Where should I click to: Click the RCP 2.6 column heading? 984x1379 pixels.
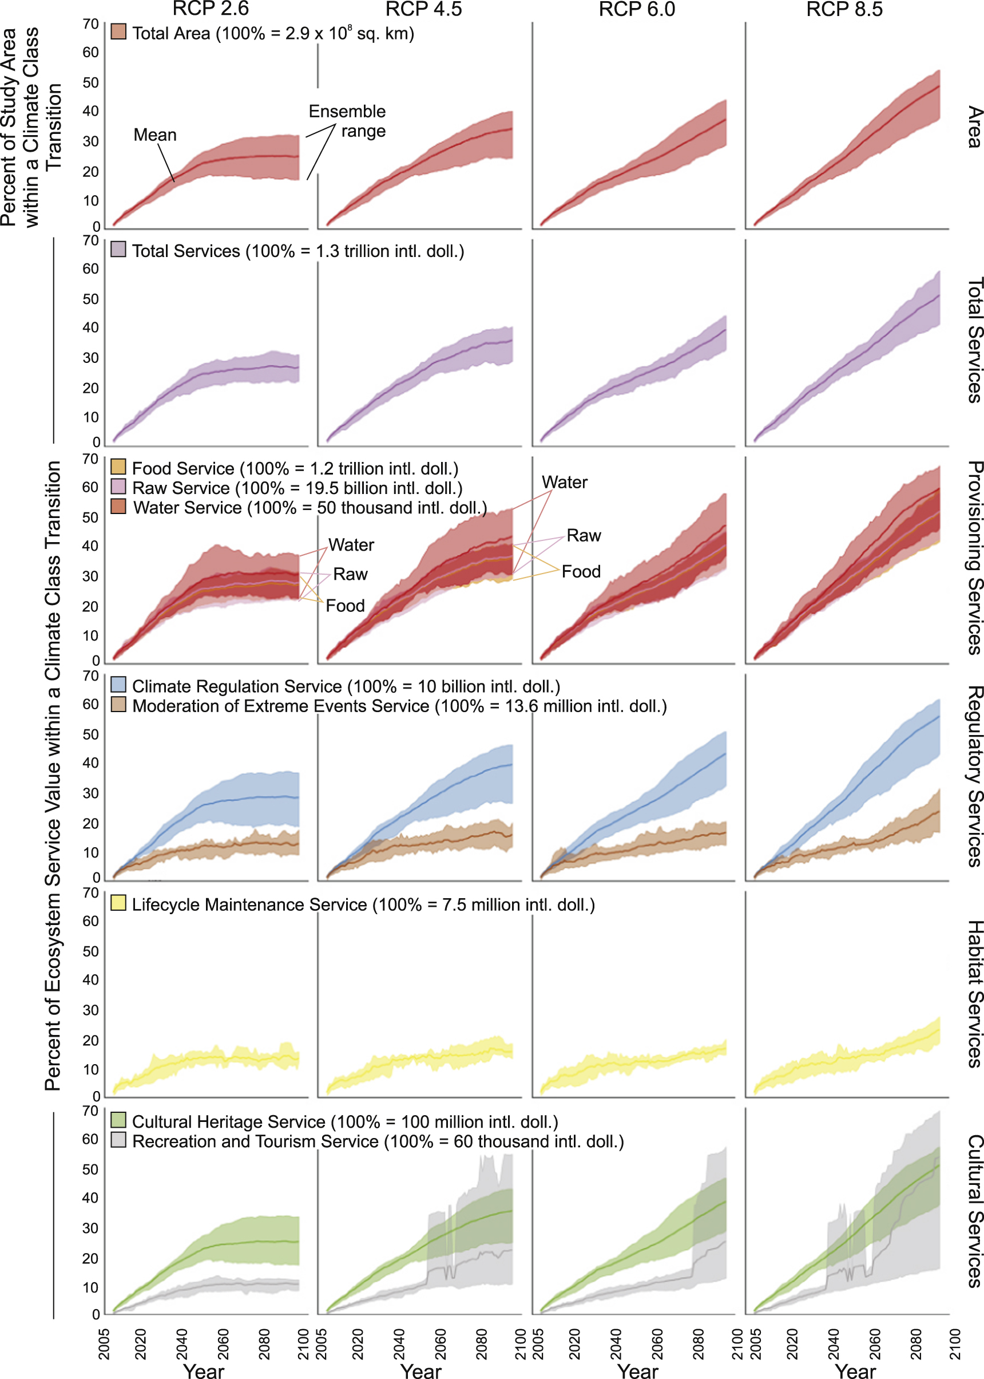tap(211, 9)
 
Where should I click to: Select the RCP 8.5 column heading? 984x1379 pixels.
tap(844, 9)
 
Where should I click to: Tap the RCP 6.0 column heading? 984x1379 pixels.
tap(636, 9)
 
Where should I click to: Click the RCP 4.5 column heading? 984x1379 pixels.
tap(423, 9)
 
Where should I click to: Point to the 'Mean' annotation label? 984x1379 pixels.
tap(155, 135)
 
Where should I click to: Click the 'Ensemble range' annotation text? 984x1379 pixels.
tap(348, 121)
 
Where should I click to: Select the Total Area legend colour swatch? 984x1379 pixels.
tap(118, 32)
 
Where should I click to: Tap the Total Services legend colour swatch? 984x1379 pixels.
tap(118, 249)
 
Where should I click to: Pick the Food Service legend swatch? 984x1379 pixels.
tap(118, 467)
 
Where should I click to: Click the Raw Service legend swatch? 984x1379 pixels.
tap(118, 486)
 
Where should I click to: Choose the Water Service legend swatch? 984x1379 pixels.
tap(118, 506)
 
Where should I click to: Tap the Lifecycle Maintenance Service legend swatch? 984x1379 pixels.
tap(118, 903)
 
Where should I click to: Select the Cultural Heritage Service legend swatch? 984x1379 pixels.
tap(118, 1120)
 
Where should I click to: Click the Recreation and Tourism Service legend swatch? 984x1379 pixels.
tap(118, 1140)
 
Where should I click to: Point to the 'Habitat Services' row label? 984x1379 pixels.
tap(973, 994)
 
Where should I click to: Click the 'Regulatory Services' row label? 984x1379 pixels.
tap(973, 776)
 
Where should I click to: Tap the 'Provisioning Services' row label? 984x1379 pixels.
tap(973, 558)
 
